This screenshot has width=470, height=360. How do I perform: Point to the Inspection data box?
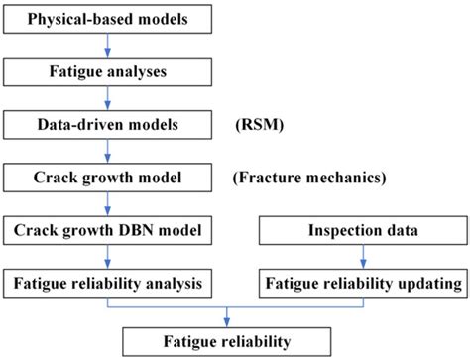(x=361, y=231)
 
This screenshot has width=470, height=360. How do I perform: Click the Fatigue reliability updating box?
(x=361, y=284)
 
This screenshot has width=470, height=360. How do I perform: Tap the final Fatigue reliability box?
(x=229, y=341)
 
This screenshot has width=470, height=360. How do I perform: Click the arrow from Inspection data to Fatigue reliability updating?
(x=361, y=258)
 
